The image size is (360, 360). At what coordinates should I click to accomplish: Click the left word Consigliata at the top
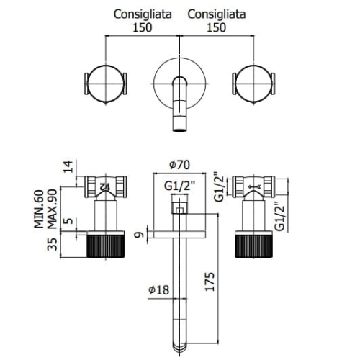click(143, 14)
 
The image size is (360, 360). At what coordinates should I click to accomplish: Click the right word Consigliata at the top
click(217, 14)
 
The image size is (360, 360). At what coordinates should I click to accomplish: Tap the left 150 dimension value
click(143, 27)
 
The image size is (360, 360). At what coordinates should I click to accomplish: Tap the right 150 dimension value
click(216, 27)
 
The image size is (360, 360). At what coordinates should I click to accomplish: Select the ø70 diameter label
click(179, 165)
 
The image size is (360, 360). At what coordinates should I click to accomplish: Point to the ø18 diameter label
click(158, 289)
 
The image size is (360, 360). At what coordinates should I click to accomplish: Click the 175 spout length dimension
click(210, 282)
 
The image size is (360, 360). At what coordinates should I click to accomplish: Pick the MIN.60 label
click(39, 209)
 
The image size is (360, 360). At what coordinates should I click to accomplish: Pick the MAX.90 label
click(52, 209)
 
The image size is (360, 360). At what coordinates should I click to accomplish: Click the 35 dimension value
click(53, 244)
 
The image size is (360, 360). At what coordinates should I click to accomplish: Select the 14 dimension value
click(68, 166)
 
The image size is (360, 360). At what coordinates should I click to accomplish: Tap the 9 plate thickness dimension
click(139, 235)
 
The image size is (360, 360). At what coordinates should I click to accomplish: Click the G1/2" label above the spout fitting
click(180, 186)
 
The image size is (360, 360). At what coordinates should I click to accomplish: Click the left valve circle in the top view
click(87, 84)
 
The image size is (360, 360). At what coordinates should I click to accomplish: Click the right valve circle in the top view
click(235, 84)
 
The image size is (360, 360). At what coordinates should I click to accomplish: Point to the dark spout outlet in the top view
click(179, 130)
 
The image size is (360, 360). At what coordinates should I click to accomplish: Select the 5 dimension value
click(69, 220)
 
